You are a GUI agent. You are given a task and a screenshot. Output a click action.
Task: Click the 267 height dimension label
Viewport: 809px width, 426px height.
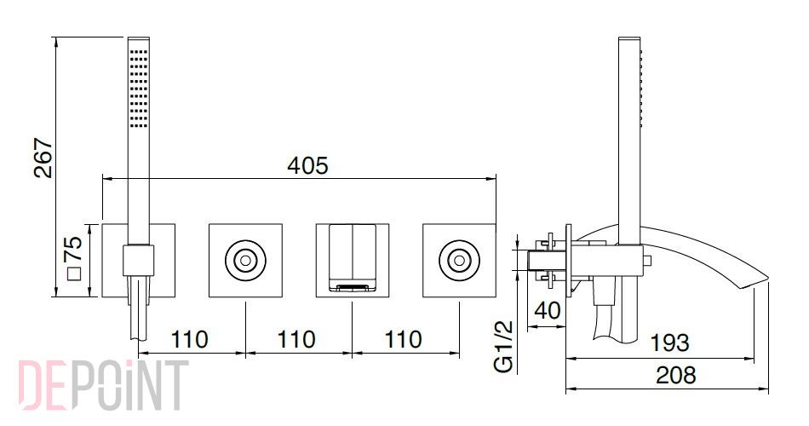point(43,158)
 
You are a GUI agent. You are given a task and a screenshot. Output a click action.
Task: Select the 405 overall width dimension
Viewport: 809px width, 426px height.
point(307,166)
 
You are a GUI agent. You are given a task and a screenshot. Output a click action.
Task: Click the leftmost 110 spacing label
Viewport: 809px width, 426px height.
point(189,340)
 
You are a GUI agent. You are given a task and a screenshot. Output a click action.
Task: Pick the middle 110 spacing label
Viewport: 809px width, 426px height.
point(296,340)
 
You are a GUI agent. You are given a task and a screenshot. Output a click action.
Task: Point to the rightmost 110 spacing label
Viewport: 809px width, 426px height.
point(403,340)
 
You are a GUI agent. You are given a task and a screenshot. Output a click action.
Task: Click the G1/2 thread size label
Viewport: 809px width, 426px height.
point(504,346)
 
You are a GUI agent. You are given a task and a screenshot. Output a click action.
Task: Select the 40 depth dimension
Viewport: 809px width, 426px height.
point(547,311)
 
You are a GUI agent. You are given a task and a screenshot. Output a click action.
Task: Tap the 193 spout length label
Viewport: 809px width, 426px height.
point(668,343)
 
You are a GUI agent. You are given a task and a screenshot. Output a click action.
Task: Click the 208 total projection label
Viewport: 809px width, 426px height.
point(676,376)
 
